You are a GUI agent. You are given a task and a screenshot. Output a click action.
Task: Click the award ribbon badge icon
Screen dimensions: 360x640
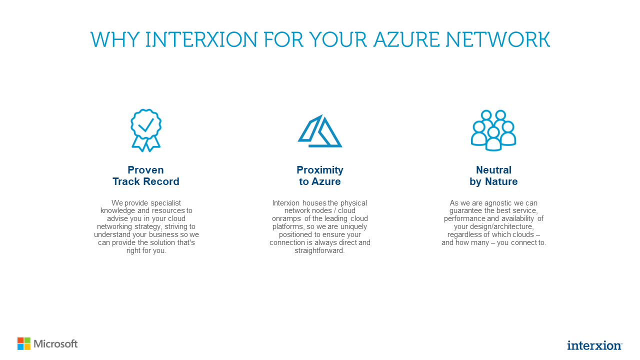(146, 130)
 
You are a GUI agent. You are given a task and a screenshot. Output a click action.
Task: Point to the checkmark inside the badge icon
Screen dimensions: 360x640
(146, 124)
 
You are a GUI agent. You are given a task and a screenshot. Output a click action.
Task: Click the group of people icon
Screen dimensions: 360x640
(493, 130)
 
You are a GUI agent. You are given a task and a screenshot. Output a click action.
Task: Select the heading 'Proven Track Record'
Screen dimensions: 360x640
(146, 175)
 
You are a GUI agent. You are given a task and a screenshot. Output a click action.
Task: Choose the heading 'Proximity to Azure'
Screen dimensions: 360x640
(320, 175)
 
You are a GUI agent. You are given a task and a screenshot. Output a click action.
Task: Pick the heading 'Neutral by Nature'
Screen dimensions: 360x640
(493, 175)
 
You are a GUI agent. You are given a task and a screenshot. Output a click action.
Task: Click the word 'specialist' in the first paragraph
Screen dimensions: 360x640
(170, 203)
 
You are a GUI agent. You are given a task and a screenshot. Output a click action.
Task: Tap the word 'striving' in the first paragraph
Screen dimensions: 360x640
(174, 226)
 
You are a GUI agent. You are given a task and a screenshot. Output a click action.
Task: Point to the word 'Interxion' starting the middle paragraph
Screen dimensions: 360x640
(286, 203)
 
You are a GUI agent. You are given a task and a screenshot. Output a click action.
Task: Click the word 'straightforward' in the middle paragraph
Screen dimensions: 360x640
(320, 250)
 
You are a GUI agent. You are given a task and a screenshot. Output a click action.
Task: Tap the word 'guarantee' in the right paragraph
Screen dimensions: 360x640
(465, 210)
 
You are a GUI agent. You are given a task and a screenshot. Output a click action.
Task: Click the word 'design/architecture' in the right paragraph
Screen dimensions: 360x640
(497, 226)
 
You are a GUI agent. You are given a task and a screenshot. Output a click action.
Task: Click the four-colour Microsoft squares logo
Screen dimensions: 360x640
(24, 343)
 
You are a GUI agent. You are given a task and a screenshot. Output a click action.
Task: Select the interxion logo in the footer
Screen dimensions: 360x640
(594, 345)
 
